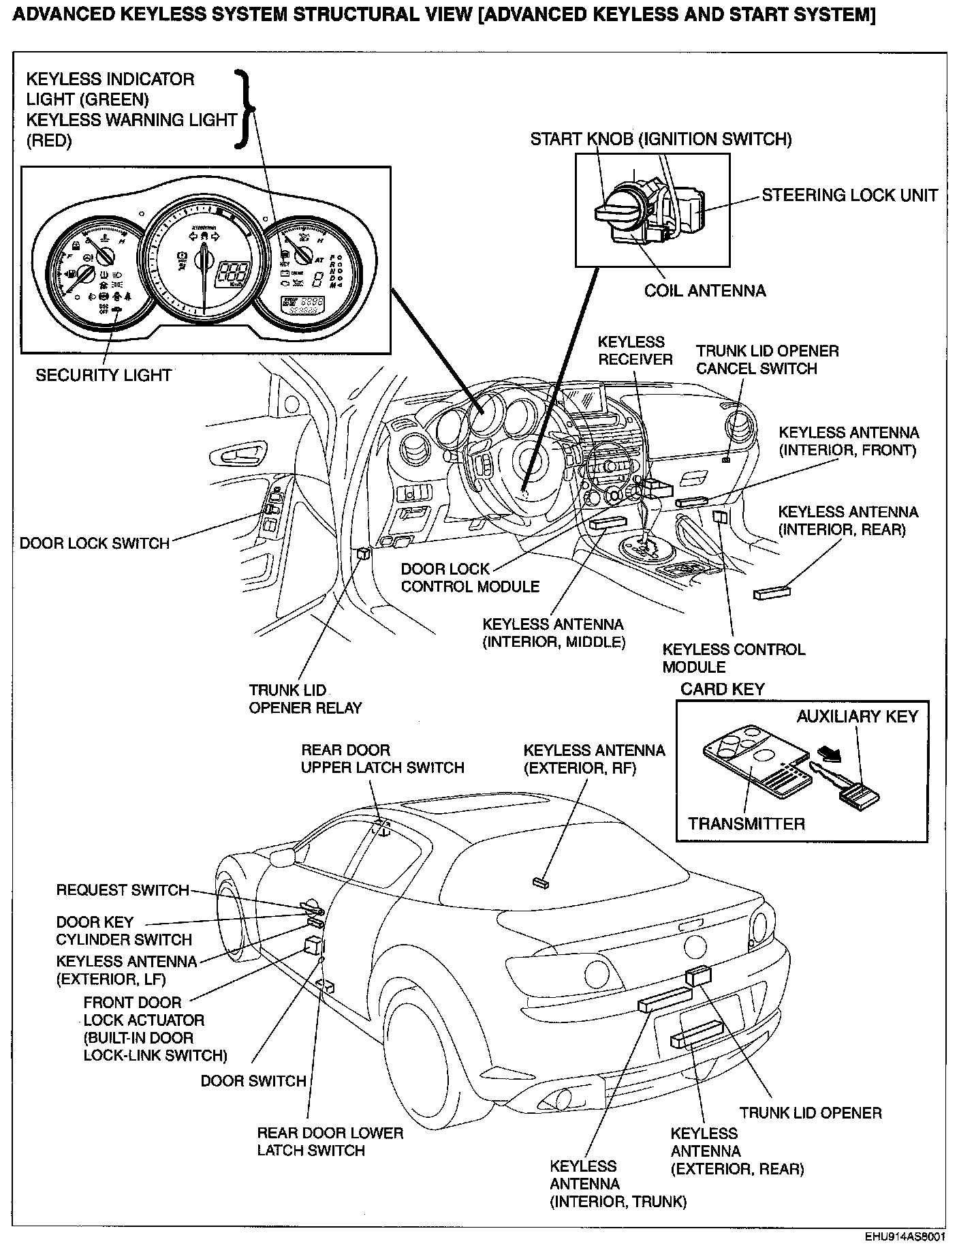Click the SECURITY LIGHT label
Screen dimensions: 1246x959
click(x=104, y=376)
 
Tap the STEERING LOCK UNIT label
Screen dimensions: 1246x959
click(x=849, y=195)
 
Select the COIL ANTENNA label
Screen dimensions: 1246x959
click(x=705, y=291)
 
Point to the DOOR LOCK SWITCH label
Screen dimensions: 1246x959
click(x=95, y=543)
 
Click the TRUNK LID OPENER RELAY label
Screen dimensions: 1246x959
click(x=305, y=699)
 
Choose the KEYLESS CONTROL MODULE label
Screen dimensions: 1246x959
click(x=734, y=658)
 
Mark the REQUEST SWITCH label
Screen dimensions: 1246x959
click(x=123, y=890)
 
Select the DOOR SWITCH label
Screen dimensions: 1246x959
click(x=253, y=1081)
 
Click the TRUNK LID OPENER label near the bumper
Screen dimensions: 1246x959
click(x=811, y=1113)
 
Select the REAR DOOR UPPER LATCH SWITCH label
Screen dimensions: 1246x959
click(x=383, y=759)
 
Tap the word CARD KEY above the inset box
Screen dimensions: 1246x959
click(x=722, y=689)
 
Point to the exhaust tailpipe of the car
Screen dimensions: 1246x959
click(x=564, y=1099)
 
